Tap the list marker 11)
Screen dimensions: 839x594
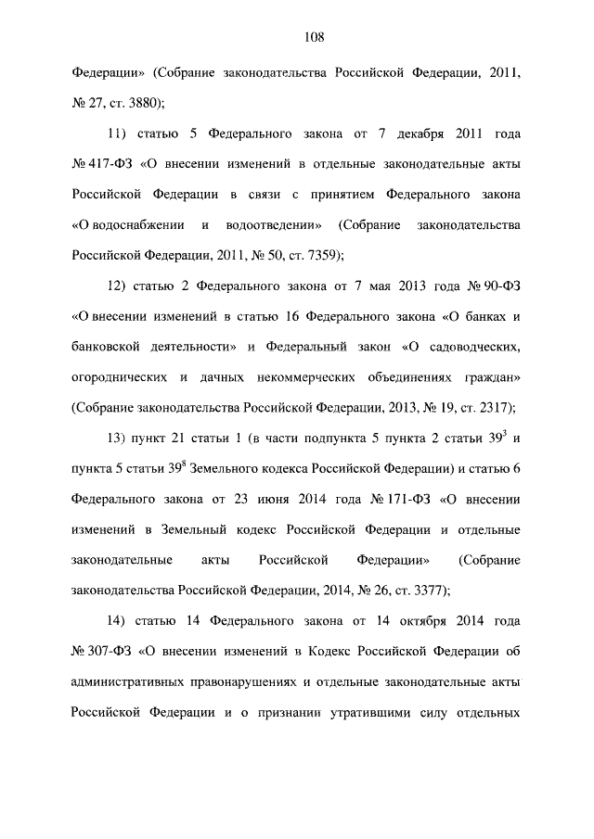tap(122, 135)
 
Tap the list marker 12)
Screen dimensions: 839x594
tap(121, 286)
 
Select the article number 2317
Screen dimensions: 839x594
tap(494, 406)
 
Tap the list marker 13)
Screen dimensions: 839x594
tap(122, 437)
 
